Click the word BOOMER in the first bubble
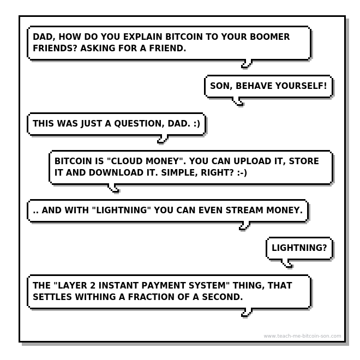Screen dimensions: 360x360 pos(270,37)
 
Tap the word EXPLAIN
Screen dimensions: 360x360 pos(143,37)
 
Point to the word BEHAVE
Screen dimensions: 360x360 pos(254,86)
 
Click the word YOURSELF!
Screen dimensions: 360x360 pos(301,86)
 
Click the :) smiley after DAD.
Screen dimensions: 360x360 pos(197,124)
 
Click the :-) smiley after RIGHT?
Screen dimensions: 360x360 pos(242,173)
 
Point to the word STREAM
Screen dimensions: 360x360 pos(244,211)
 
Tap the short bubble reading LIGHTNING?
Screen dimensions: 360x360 pos(299,248)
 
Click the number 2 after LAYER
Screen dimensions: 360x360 pos(93,286)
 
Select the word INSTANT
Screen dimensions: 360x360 pos(118,286)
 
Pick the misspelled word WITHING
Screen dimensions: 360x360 pos(95,297)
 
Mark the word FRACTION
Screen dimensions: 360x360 pos(151,297)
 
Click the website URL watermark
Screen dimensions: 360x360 pos(302,336)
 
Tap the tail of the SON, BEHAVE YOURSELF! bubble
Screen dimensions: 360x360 pos(238,101)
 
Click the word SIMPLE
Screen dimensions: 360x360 pos(179,173)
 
